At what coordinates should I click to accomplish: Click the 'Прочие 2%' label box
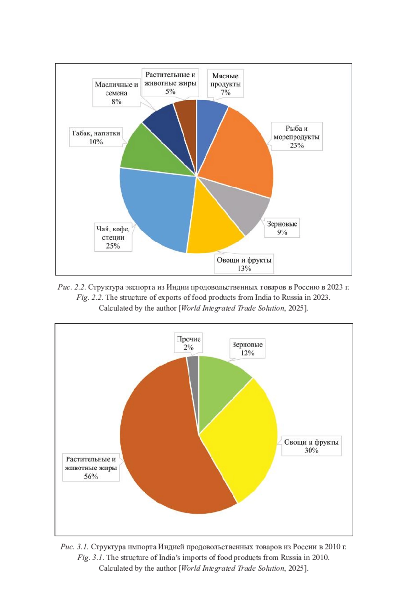point(188,343)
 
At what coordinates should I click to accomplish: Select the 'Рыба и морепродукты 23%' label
point(297,137)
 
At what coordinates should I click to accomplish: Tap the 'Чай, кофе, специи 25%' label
point(113,237)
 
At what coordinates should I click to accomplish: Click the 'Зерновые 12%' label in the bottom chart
point(247,349)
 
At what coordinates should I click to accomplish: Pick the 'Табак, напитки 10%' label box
point(96,137)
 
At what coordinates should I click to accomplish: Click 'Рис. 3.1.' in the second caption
point(74,547)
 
